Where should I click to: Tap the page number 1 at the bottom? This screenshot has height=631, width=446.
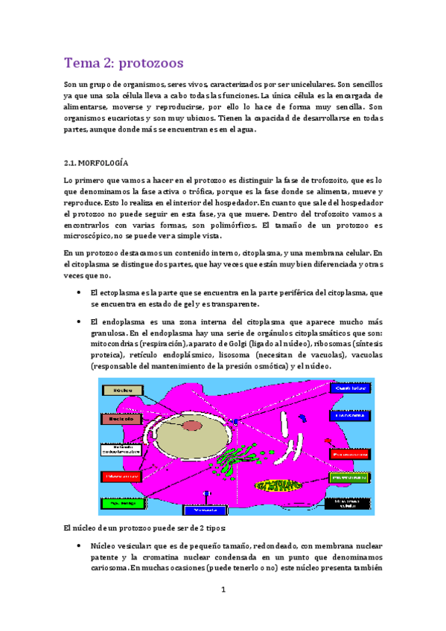tap(223, 590)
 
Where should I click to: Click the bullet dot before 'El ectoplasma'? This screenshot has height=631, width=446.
tap(80, 293)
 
